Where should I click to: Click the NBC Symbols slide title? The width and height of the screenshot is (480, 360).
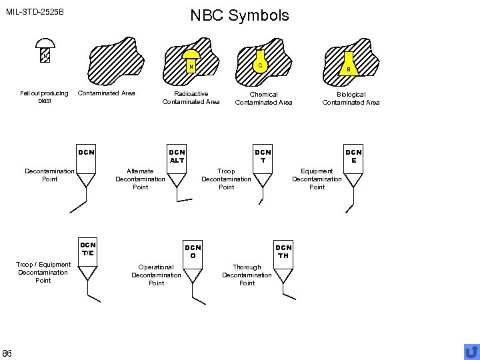coord(239,15)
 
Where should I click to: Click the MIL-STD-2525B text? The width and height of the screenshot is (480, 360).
coord(35,12)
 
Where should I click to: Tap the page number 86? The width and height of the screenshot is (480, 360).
coord(7,352)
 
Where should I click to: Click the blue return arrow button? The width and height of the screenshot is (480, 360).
coord(471,351)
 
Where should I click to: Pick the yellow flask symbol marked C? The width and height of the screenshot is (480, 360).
coord(261,61)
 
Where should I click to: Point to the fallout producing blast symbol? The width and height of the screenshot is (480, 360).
coord(45,51)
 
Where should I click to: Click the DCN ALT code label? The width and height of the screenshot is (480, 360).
coord(177,156)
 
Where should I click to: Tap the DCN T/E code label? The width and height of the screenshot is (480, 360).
coord(88,248)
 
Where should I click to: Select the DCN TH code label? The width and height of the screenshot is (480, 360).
coord(283,251)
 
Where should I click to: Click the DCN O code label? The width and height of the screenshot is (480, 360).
coord(193,251)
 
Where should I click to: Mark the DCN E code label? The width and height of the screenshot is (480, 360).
coord(353,156)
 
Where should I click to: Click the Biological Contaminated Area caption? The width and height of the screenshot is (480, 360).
coord(351,99)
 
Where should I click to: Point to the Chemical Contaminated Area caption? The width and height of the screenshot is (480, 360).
coord(263,99)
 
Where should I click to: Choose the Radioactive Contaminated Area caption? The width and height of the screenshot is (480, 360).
coord(191,98)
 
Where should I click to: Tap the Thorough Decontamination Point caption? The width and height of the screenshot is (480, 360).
coord(247,275)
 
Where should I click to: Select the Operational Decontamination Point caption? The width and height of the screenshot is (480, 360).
coord(156,275)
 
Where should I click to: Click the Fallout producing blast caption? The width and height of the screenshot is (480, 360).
coord(44,97)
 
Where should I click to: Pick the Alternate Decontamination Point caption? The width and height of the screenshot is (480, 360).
coord(140,179)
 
